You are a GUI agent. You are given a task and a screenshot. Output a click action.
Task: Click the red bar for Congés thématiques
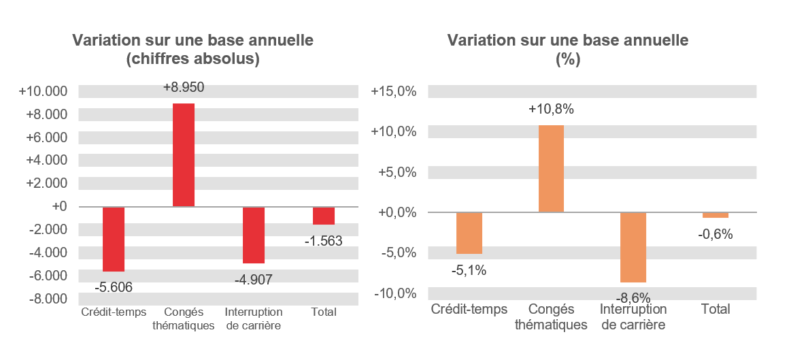pos(184,155)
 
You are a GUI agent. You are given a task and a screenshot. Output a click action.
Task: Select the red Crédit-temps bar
pos(114,239)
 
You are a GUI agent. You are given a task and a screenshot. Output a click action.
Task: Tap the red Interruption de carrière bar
pos(254,235)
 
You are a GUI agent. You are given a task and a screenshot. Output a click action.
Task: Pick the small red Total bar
pos(324,216)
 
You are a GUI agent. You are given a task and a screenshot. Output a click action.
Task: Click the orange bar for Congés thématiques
pos(551,169)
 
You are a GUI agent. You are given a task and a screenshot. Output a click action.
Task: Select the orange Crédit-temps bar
pos(469,233)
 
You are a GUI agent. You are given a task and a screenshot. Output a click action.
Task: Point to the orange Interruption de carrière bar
pos(633,247)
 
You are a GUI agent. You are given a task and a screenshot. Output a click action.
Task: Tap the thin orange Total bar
pos(715,215)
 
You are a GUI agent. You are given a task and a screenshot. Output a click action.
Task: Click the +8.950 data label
pos(184,88)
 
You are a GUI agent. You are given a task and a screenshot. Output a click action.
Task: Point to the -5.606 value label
pos(114,287)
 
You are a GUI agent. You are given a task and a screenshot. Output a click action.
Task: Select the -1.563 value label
pos(323,241)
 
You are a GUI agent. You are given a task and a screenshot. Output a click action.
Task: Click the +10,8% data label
pos(551,109)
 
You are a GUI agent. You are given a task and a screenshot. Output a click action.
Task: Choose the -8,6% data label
pos(633,297)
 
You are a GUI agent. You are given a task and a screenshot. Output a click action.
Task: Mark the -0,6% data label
pos(715,235)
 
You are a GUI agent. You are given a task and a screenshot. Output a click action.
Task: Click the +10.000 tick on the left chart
pos(44,92)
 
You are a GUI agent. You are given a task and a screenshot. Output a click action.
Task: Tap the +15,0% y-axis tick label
pos(392,92)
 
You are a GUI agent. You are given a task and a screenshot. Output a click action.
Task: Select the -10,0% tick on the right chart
pos(394,293)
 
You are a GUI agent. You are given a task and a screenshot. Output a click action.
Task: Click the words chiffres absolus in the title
pos(193,59)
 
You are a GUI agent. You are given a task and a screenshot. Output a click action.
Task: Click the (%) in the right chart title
pos(567,59)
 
